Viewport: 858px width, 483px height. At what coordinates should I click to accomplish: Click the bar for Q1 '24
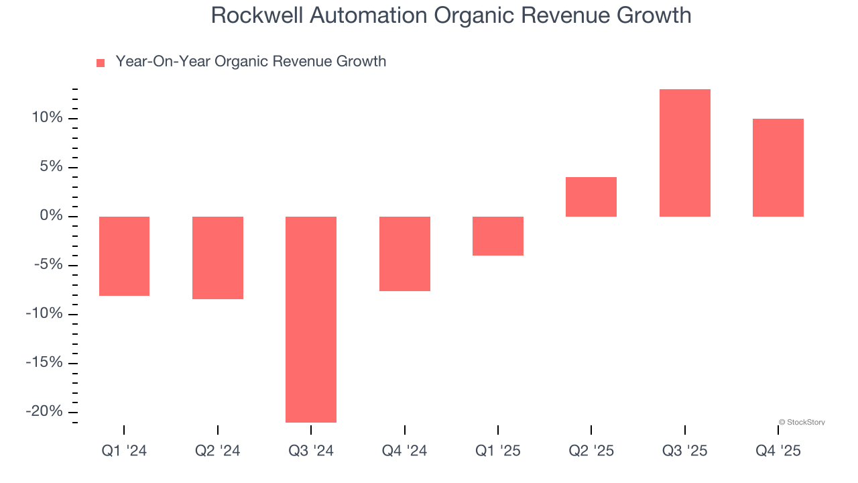[x=124, y=256]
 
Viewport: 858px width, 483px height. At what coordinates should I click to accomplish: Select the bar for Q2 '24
[x=217, y=258]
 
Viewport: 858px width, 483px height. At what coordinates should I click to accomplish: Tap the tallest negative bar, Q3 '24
[x=311, y=319]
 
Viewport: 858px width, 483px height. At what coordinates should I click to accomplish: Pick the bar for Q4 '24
[x=404, y=254]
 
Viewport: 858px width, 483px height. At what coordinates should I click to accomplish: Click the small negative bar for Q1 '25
[x=497, y=235]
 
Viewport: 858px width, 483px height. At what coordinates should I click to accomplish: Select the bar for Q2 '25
[x=591, y=197]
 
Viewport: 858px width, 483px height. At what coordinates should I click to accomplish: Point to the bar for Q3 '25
[x=684, y=153]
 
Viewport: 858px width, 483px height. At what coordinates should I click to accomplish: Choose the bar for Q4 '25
[x=778, y=168]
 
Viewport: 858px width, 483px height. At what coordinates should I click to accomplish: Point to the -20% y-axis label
[x=44, y=411]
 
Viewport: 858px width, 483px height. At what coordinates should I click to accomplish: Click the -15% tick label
[x=44, y=362]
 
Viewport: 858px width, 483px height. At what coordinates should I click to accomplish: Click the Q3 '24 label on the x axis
[x=311, y=451]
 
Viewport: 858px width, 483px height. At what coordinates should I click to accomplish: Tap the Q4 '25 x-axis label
[x=778, y=451]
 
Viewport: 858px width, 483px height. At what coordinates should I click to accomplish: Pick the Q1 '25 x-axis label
[x=497, y=451]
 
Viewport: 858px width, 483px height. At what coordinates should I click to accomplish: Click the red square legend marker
[x=101, y=63]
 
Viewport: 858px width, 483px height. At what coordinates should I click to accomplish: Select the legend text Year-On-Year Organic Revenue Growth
[x=251, y=62]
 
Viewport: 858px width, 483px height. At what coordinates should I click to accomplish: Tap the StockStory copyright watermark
[x=802, y=423]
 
